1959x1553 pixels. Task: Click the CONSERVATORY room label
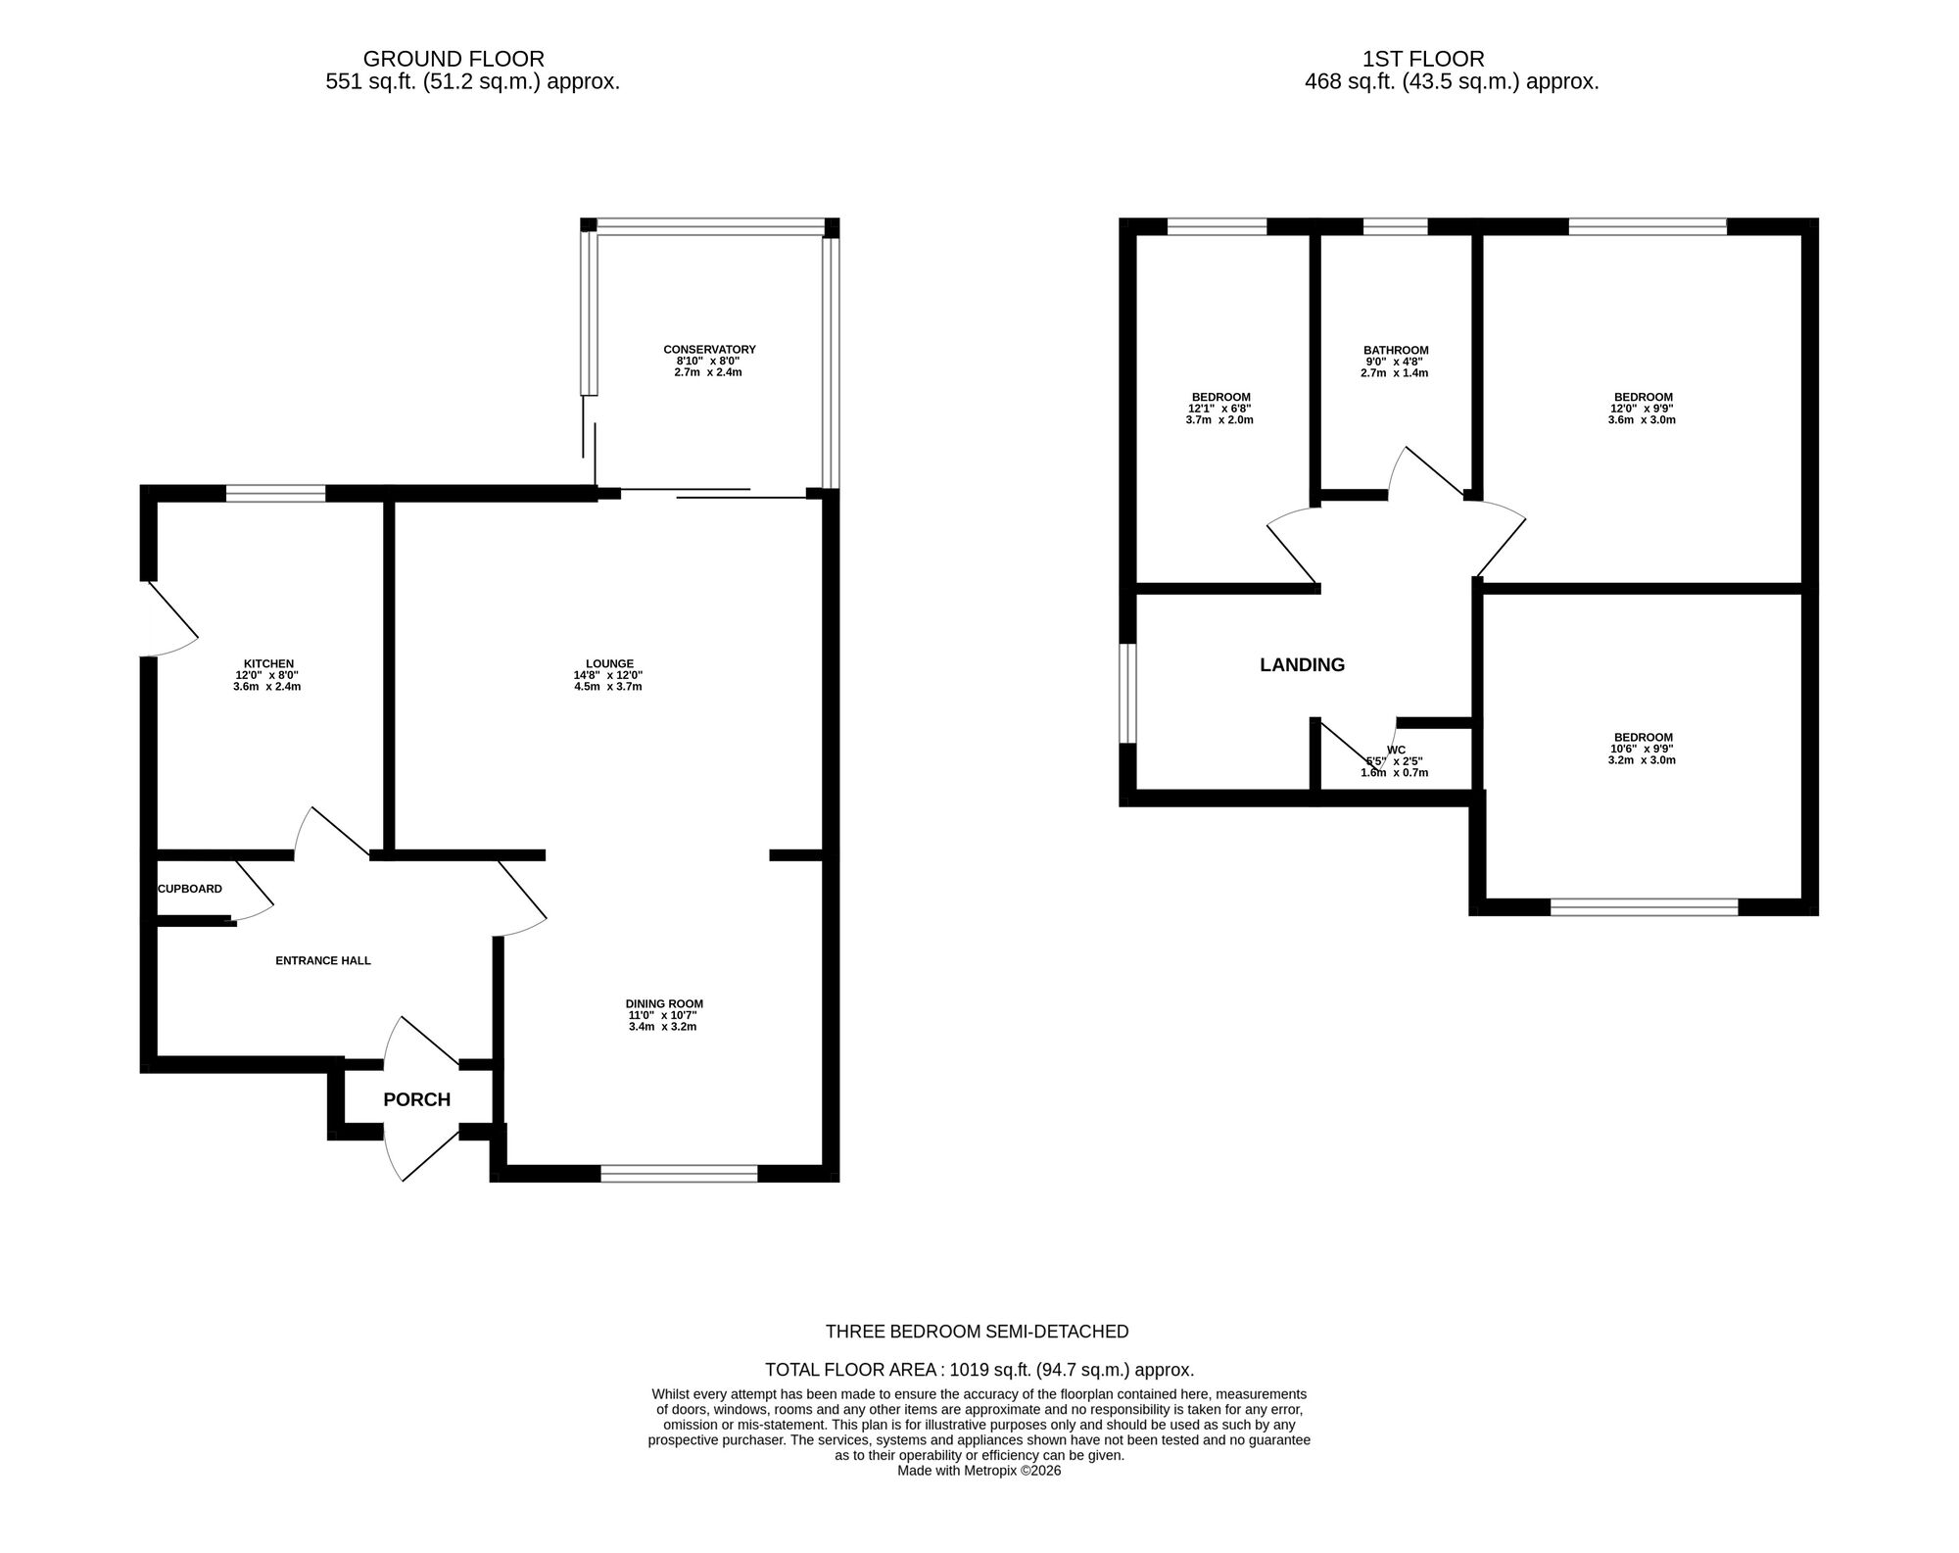[x=709, y=350]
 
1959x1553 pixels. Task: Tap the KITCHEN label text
[x=268, y=664]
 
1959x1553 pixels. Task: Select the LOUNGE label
[x=609, y=663]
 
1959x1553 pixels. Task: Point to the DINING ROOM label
[x=664, y=1003]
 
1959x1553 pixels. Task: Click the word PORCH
[x=416, y=1099]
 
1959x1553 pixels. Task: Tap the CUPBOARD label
[x=190, y=889]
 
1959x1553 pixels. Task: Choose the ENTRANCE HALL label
[x=322, y=960]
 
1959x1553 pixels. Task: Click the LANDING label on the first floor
[x=1302, y=664]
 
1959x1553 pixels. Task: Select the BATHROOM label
[x=1395, y=350]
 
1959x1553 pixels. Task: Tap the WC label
[x=1395, y=750]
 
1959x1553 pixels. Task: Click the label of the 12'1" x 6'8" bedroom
[x=1219, y=397]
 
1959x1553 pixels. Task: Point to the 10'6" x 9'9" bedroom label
[x=1643, y=737]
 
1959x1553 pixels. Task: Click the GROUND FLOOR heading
[x=454, y=59]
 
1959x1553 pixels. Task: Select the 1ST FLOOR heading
[x=1422, y=59]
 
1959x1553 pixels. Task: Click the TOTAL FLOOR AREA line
[x=979, y=1370]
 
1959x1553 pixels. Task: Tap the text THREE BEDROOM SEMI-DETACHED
[x=977, y=1332]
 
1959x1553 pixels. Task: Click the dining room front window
[x=679, y=1173]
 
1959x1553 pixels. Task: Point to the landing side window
[x=1128, y=693]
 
